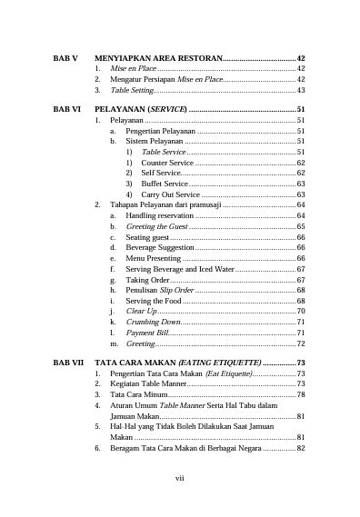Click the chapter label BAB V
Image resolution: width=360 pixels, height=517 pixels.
click(65, 57)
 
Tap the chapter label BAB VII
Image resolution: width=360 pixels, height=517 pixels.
click(68, 363)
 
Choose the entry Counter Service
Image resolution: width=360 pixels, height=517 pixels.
click(167, 162)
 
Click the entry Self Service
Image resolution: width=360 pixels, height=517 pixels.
click(161, 173)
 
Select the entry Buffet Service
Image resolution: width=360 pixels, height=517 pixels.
click(165, 184)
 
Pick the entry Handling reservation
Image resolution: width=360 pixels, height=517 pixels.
click(159, 215)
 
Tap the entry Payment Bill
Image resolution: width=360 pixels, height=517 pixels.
click(147, 333)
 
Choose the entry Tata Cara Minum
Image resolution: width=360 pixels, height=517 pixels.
click(137, 395)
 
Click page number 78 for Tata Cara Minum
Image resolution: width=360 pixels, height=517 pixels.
click(300, 395)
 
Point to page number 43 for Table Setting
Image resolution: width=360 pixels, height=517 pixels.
click(300, 90)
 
